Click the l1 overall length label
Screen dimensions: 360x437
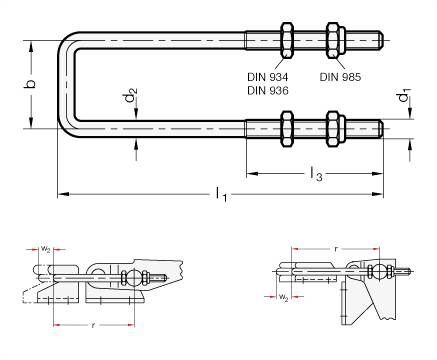click(x=222, y=197)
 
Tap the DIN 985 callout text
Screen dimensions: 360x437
click(x=341, y=76)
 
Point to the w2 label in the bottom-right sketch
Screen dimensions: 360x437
click(x=284, y=297)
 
